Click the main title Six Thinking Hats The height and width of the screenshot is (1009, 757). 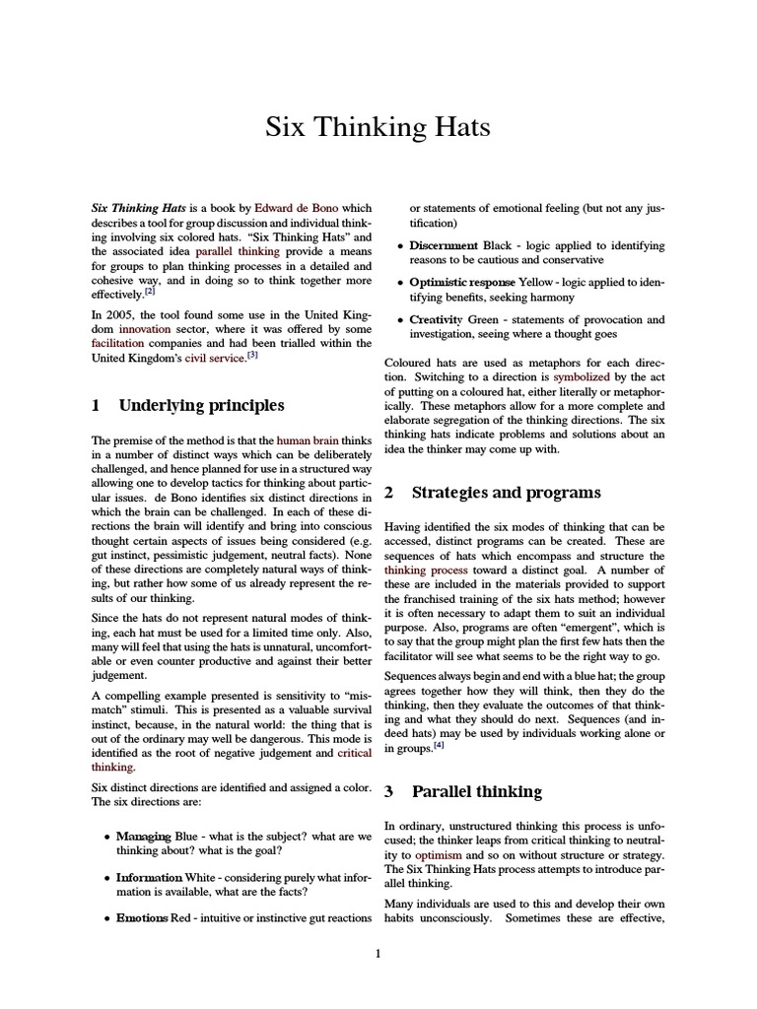coord(378,129)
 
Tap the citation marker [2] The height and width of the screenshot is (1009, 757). coord(150,291)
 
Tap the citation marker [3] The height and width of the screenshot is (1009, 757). coord(252,356)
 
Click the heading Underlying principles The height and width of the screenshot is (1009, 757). coord(201,405)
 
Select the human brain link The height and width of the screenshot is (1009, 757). coord(306,440)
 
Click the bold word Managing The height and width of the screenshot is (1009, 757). coord(146,837)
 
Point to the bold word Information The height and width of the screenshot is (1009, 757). coord(149,877)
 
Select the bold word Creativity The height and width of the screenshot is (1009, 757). coord(437,319)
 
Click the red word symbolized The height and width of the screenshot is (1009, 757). coord(583,376)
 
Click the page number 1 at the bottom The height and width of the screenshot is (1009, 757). coord(378,953)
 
